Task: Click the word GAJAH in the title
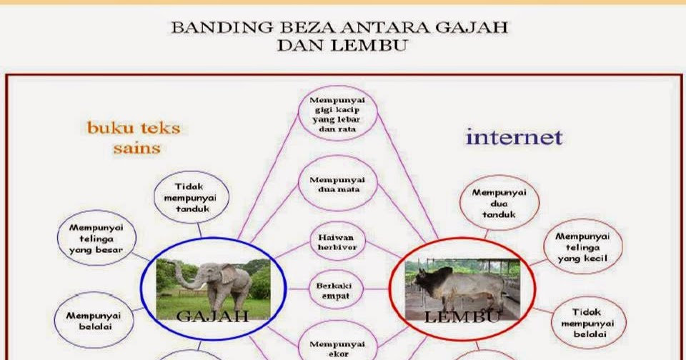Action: pos(472,28)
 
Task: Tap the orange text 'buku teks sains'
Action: pos(134,138)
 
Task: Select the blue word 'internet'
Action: pos(514,137)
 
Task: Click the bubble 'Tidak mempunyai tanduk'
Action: pos(192,197)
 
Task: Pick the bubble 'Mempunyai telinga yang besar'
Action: pos(96,239)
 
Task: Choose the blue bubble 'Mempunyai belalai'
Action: pos(94,321)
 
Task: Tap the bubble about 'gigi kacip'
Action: pos(337,114)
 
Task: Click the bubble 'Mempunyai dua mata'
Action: pos(337,184)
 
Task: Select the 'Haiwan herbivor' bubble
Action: pos(337,242)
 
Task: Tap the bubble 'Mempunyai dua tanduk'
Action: pos(499,203)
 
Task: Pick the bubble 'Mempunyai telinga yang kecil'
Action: pos(583,246)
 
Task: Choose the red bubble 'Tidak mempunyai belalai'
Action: pos(588,323)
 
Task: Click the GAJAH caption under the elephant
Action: pos(213,316)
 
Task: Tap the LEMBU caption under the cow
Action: pos(462,316)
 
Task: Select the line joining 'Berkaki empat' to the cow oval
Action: pos(377,289)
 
